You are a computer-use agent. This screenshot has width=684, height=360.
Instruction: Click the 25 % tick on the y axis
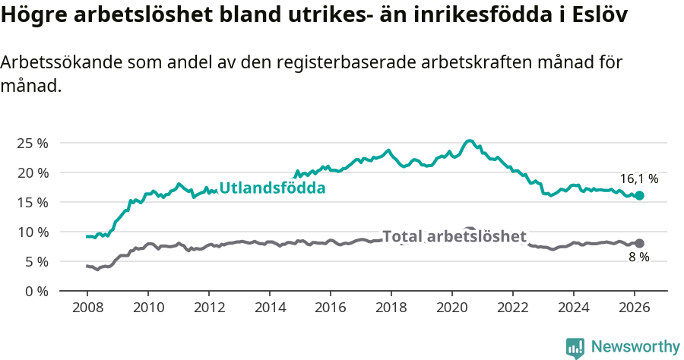[x=32, y=143]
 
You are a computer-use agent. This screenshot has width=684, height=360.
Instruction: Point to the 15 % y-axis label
[x=32, y=202]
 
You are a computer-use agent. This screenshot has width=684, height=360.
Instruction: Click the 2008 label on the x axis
[x=87, y=308]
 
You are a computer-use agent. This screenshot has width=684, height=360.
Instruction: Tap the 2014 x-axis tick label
[x=269, y=308]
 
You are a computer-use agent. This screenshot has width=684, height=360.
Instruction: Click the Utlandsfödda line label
[x=272, y=188]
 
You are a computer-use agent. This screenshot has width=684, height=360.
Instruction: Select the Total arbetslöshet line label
[x=454, y=236]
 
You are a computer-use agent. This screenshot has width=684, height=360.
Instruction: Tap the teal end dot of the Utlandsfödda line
[x=639, y=195]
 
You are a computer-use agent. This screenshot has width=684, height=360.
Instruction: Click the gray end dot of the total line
[x=639, y=243]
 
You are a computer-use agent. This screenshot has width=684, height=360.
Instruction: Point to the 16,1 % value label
[x=638, y=179]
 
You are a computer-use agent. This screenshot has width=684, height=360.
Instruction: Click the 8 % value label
[x=638, y=258]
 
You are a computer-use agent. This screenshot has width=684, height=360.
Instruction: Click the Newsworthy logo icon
[x=575, y=347]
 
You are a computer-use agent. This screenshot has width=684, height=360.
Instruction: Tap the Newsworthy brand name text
[x=635, y=347]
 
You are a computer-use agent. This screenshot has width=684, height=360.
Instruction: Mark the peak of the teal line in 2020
[x=469, y=141]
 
